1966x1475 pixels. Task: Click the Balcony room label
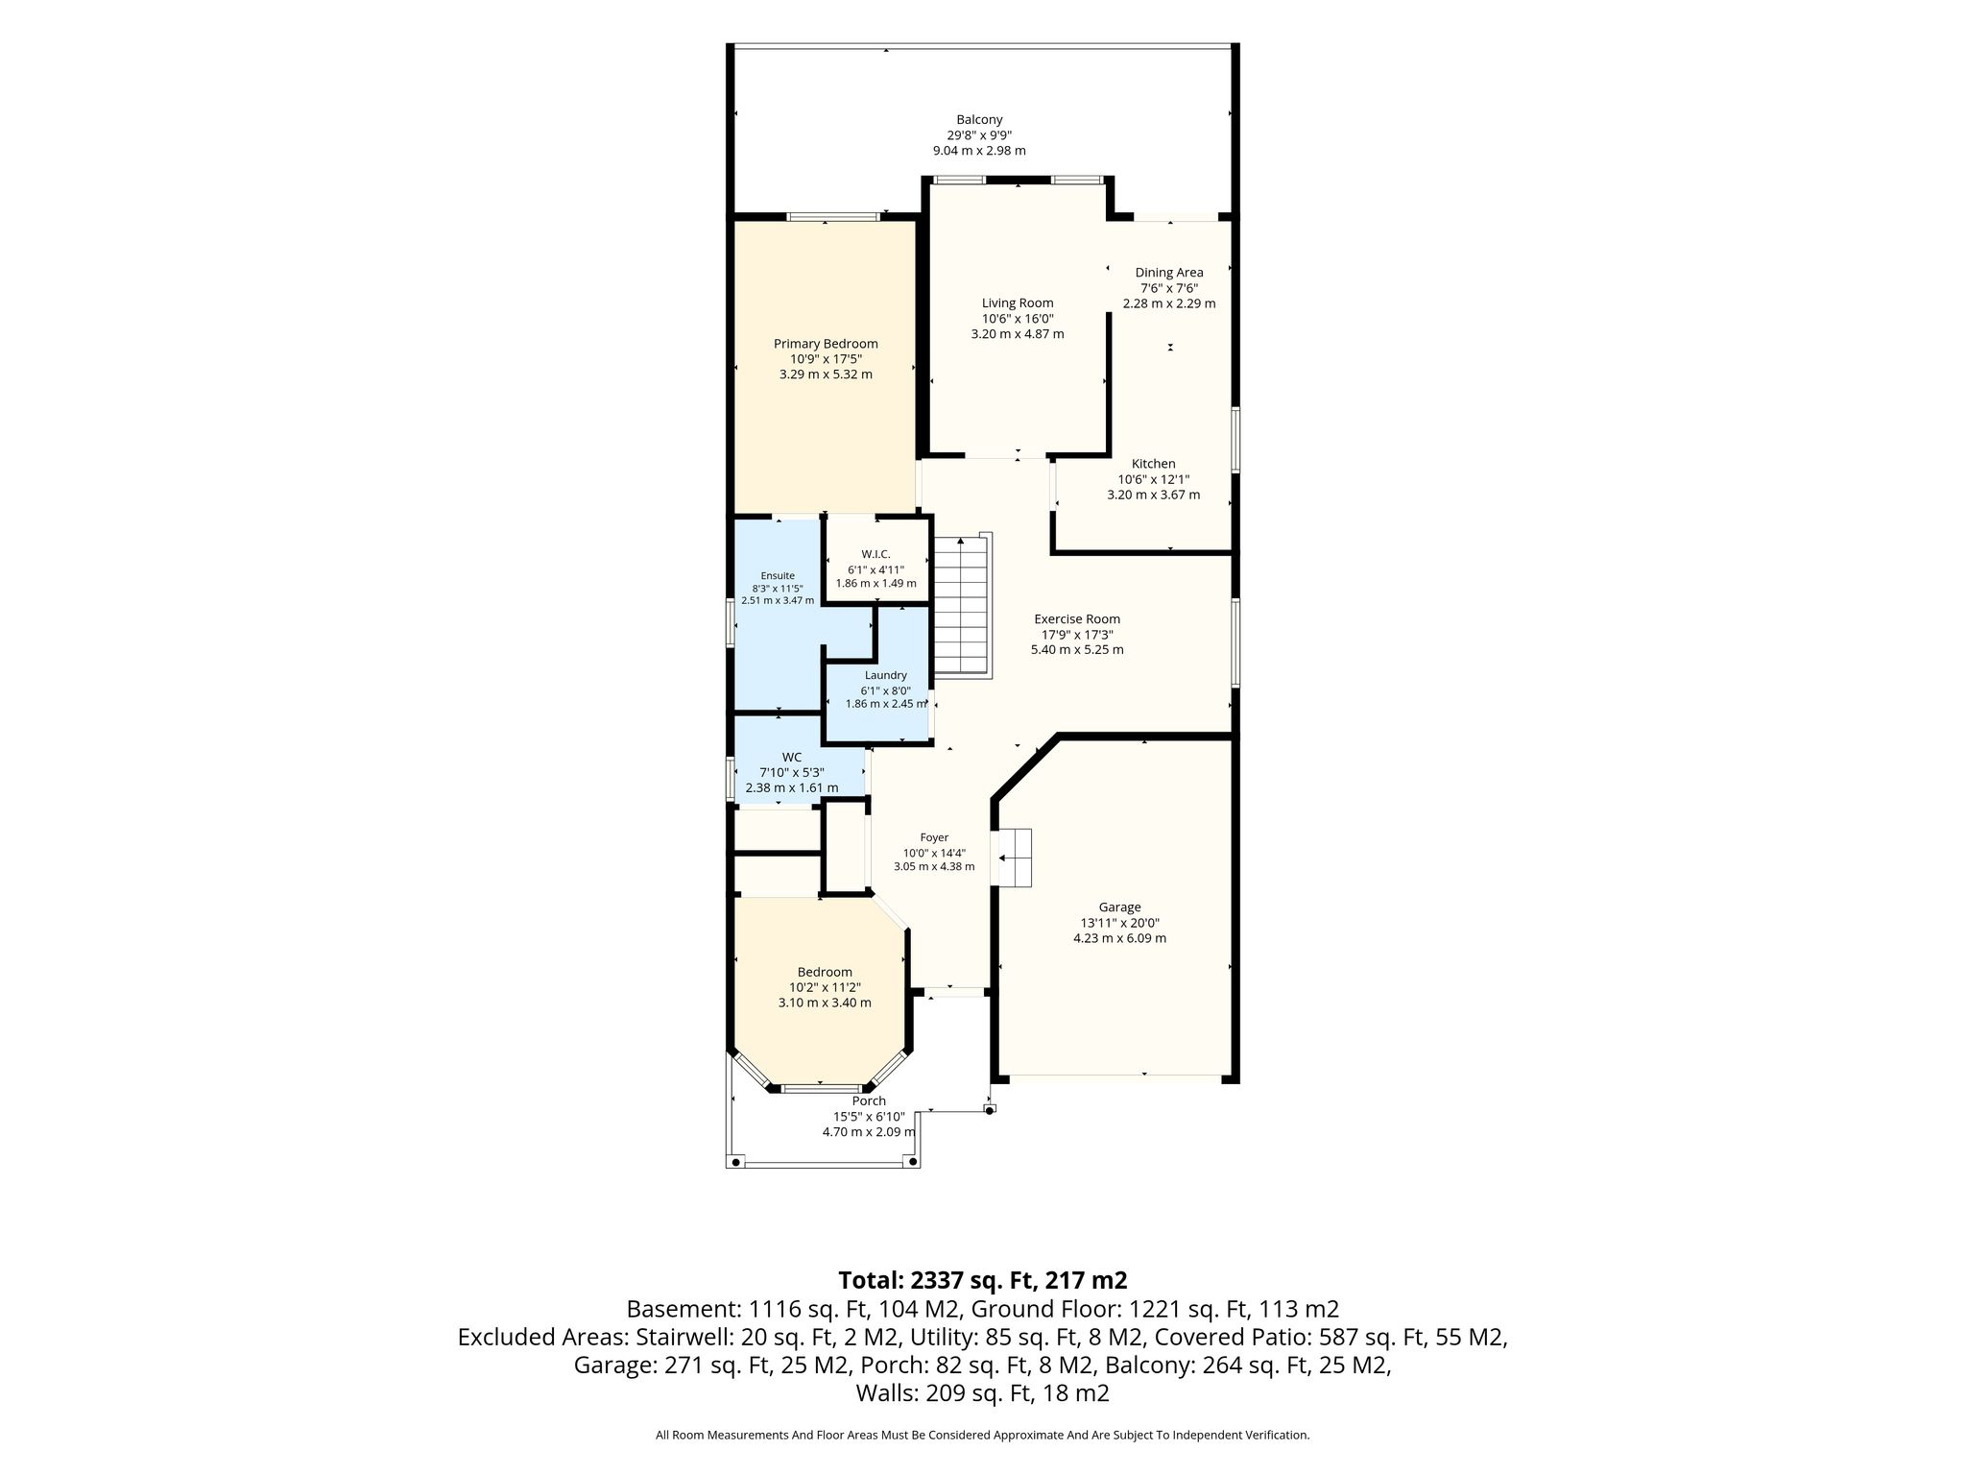coord(979,120)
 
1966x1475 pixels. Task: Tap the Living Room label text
coord(1018,303)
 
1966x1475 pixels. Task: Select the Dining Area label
coord(1169,273)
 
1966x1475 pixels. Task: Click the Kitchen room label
coord(1153,464)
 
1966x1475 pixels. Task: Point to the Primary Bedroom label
coord(826,344)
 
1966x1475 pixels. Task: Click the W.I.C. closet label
coord(875,554)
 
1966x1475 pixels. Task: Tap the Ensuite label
coord(778,576)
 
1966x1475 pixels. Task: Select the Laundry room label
coord(885,675)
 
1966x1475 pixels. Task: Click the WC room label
coord(791,757)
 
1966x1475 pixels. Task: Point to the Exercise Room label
coord(1077,619)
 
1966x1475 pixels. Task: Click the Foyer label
coord(934,838)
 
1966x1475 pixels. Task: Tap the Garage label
coord(1119,907)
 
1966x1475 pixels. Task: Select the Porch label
coord(869,1101)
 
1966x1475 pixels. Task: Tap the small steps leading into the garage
coord(1015,858)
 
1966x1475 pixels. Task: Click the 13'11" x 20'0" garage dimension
coord(1119,923)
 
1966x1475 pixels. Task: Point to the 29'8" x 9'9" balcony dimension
coord(979,135)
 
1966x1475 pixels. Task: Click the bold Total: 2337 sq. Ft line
coord(982,1280)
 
